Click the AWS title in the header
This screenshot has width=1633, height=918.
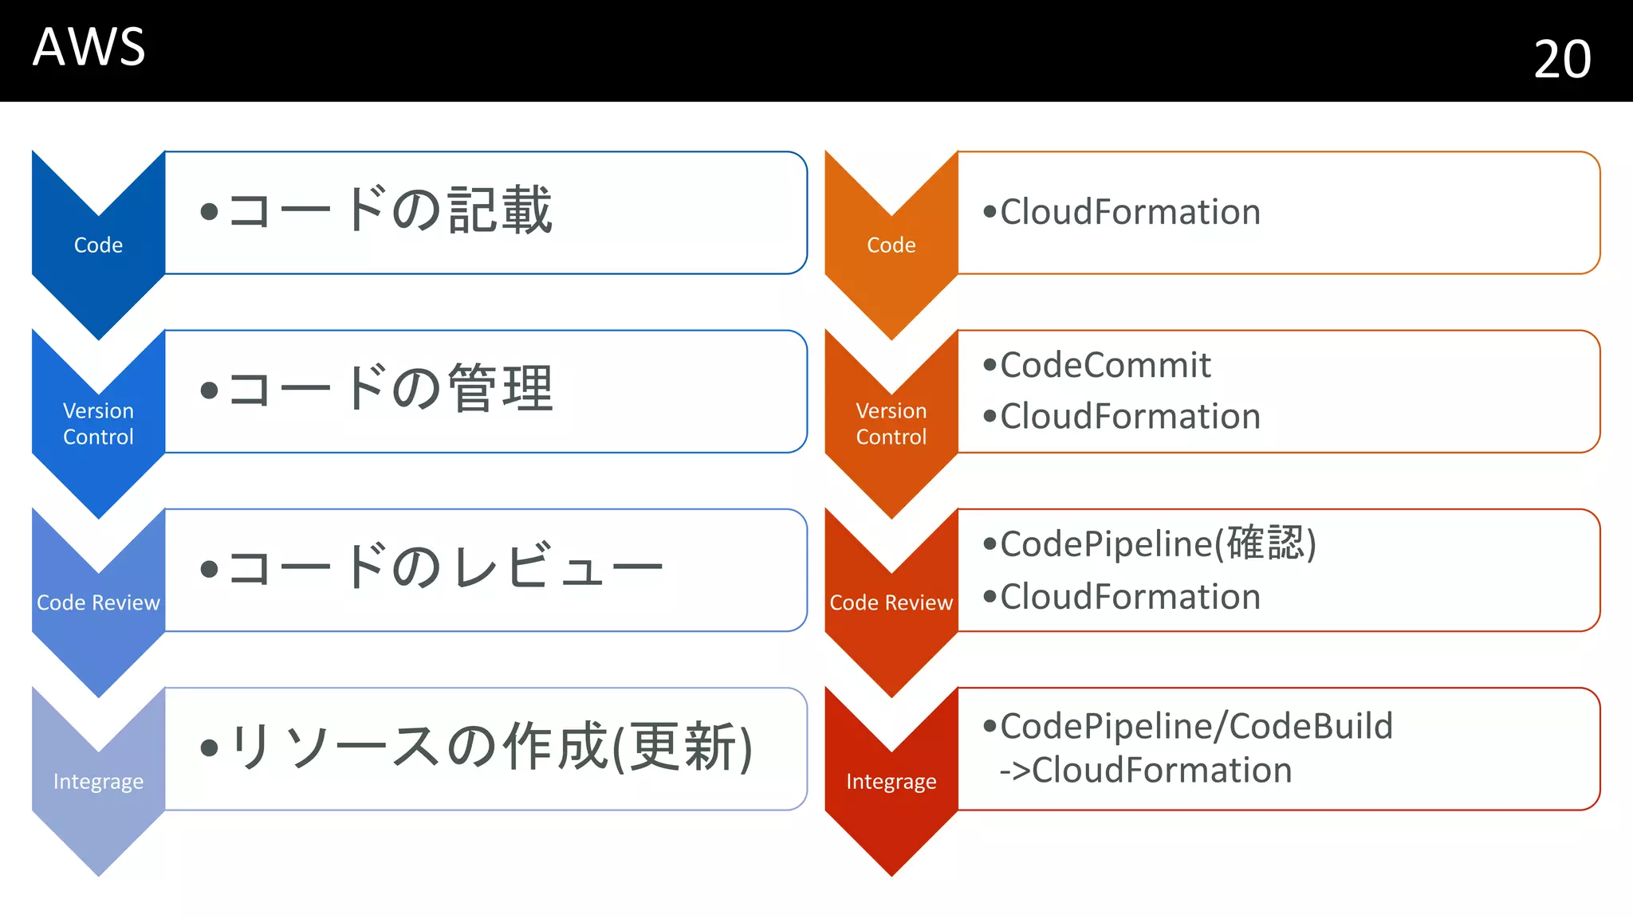click(89, 47)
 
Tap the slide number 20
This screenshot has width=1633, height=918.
click(1562, 59)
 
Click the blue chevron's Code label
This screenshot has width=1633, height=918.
click(98, 245)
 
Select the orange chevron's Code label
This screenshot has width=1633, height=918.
click(891, 245)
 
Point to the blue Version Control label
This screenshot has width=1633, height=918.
click(98, 423)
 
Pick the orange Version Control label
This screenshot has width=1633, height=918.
click(891, 423)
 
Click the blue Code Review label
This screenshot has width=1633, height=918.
click(98, 602)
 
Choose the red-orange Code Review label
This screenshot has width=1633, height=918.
click(891, 602)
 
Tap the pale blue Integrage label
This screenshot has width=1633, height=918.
click(98, 781)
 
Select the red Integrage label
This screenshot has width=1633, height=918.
click(891, 781)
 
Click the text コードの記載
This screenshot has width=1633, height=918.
click(390, 210)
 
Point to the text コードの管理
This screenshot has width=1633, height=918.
click(390, 389)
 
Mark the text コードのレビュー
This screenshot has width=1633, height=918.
click(445, 567)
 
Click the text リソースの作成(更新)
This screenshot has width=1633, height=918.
click(490, 747)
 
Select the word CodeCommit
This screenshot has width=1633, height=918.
click(1105, 365)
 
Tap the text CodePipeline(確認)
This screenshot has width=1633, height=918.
click(1158, 543)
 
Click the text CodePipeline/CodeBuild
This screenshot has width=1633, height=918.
click(1196, 726)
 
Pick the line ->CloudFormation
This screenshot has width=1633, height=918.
click(1145, 771)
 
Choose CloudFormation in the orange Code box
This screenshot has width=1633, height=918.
click(1130, 212)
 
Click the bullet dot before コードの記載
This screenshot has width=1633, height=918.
click(209, 212)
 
